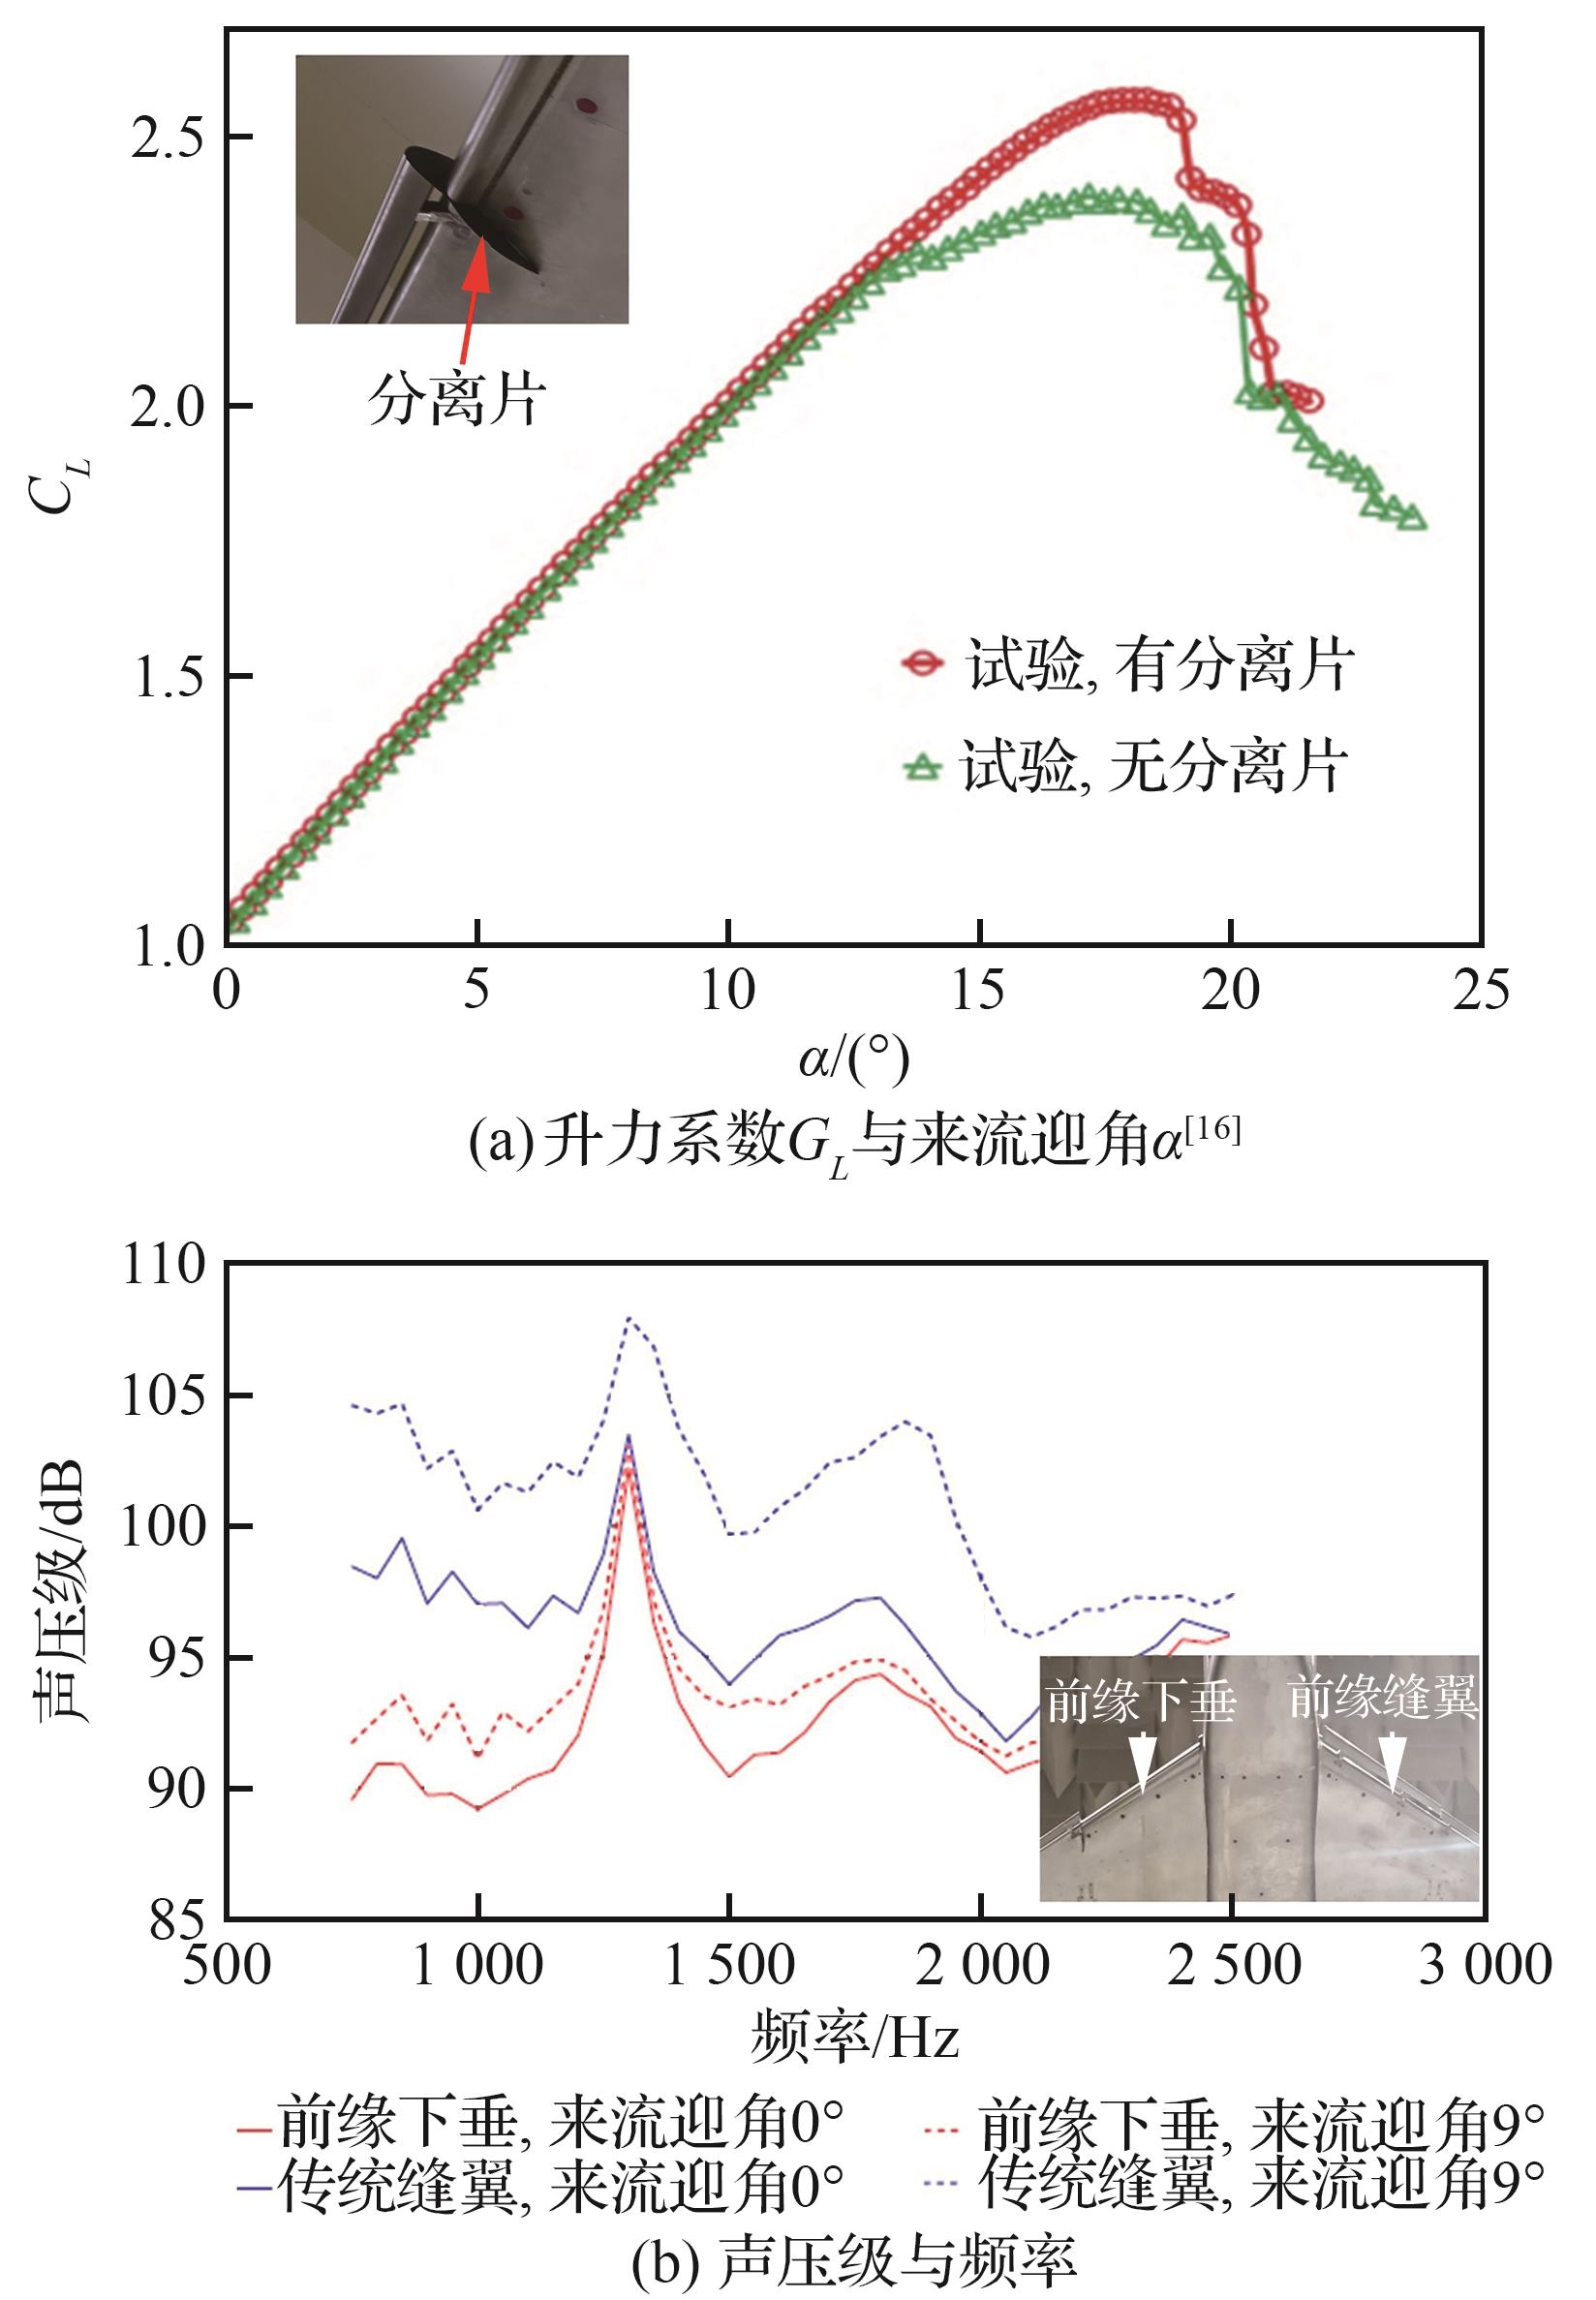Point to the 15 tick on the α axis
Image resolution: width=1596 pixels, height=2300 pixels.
[x=978, y=991]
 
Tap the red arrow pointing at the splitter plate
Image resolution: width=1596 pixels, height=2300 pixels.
[x=472, y=300]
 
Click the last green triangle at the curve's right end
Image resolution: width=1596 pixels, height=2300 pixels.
[x=1411, y=517]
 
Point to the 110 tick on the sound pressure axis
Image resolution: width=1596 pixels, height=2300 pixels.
[x=162, y=1265]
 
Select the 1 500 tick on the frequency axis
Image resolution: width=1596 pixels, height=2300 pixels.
[x=729, y=1966]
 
